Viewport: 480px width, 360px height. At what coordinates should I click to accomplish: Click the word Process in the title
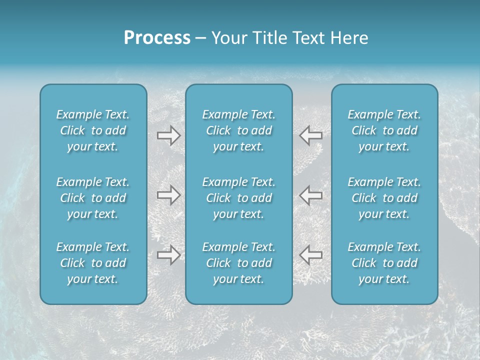point(157,38)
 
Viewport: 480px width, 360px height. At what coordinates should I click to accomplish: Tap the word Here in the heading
point(349,38)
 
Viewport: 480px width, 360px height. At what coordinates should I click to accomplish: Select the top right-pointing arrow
point(169,135)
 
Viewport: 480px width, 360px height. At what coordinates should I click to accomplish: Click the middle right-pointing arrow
point(169,195)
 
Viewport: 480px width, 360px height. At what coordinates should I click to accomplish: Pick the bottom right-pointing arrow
point(169,255)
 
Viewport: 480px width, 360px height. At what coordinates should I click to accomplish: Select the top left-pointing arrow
point(311,135)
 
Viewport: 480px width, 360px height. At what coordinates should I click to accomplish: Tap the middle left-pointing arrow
point(311,195)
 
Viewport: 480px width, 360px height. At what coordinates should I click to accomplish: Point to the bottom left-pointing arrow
point(311,255)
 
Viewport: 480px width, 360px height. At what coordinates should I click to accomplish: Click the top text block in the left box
point(93,130)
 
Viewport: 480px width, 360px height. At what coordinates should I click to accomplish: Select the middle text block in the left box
point(93,198)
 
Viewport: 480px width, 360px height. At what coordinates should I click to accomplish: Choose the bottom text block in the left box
point(93,263)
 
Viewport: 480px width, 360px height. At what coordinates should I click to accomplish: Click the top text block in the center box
point(239,130)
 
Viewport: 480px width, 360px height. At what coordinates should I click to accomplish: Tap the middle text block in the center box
point(239,198)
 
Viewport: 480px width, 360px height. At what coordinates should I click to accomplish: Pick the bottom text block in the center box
point(239,263)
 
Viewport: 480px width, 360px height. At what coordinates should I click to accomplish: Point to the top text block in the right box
point(384,130)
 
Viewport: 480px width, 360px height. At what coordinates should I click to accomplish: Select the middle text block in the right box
point(384,198)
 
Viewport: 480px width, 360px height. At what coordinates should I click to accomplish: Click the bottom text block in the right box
point(384,263)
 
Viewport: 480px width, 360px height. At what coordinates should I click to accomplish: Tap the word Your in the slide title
point(227,38)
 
